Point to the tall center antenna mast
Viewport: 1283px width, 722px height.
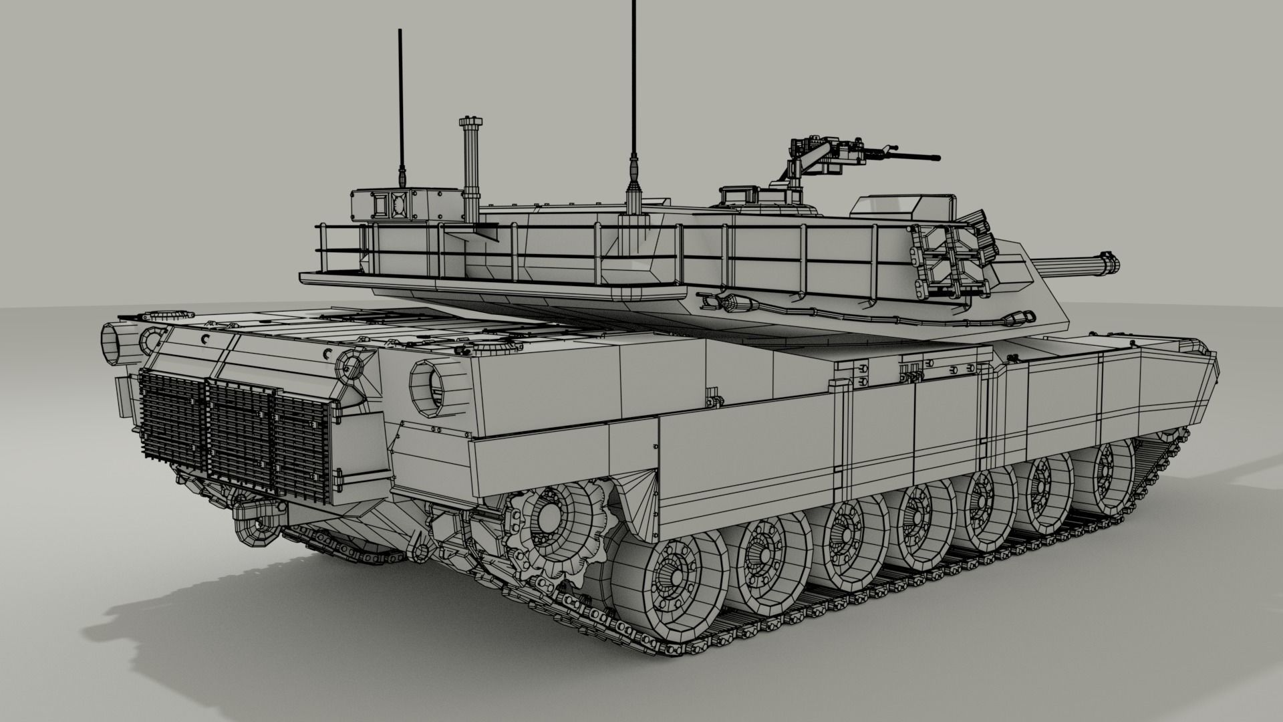point(631,100)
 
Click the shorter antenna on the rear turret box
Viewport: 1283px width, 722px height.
point(402,107)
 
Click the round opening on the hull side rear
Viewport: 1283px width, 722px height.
point(430,386)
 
